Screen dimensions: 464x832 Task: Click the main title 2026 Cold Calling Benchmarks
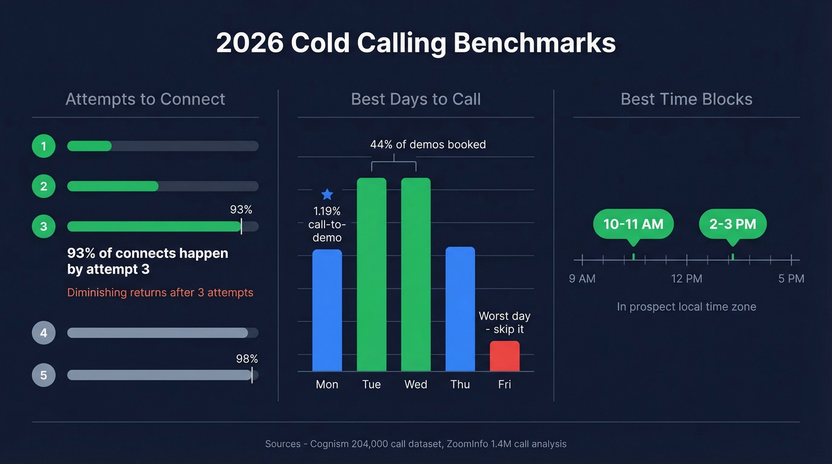point(415,43)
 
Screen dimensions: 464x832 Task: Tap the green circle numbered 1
point(43,146)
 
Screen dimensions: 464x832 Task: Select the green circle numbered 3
point(43,226)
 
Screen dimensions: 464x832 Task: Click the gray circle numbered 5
point(43,375)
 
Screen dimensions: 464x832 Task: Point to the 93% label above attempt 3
point(241,210)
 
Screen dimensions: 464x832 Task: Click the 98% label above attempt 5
point(247,359)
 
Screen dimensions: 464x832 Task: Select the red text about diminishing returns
point(160,292)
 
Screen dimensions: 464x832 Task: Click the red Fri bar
point(505,356)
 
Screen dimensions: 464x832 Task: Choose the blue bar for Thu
point(460,309)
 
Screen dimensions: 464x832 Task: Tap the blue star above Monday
point(327,194)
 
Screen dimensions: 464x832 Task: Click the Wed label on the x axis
point(415,384)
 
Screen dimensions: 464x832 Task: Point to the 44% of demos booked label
point(428,144)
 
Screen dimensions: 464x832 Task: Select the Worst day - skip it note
point(505,323)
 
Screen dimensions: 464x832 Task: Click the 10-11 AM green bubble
point(633,224)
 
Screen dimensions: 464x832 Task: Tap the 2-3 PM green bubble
point(732,224)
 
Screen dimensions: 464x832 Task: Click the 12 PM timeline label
point(686,279)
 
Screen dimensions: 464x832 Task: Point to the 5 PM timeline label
point(791,279)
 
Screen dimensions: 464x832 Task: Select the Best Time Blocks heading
point(686,99)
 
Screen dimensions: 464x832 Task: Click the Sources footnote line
point(415,444)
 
